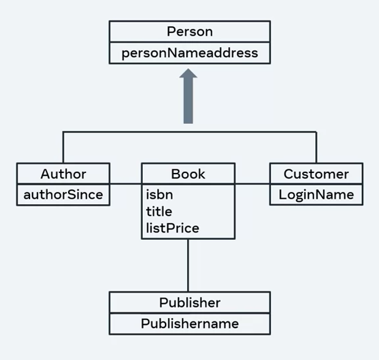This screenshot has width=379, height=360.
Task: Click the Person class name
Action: click(x=189, y=31)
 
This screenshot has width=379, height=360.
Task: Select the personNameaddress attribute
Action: click(x=189, y=53)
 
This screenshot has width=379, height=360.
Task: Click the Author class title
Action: click(x=63, y=174)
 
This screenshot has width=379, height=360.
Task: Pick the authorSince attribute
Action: click(x=63, y=195)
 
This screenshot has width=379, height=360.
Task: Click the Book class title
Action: click(x=188, y=174)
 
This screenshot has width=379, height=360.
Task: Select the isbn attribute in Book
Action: click(x=159, y=195)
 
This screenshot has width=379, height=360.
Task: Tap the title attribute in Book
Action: click(x=159, y=212)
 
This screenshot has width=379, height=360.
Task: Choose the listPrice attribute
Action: click(x=172, y=228)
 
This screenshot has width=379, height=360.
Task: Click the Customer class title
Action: click(x=316, y=174)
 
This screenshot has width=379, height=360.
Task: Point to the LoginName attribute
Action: click(x=316, y=195)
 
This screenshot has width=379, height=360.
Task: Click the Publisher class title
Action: click(x=189, y=302)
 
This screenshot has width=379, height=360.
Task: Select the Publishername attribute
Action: click(x=189, y=323)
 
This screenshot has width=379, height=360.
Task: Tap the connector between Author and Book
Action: click(x=126, y=183)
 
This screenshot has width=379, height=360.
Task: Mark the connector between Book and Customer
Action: click(x=252, y=183)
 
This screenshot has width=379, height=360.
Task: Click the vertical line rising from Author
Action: click(x=63, y=147)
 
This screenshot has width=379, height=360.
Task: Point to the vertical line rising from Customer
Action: click(x=316, y=147)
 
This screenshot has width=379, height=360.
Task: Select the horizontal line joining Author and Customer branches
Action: click(x=123, y=131)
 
